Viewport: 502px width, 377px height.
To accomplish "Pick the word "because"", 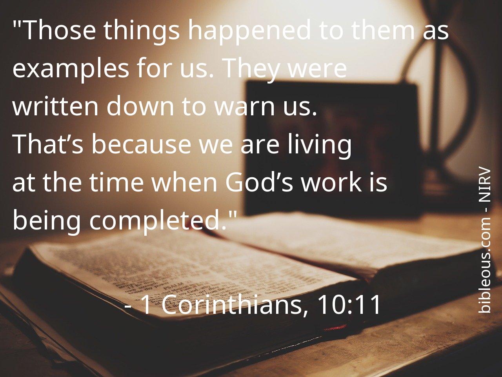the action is (x=141, y=144).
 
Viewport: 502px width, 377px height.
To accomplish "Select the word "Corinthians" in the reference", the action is (x=232, y=305).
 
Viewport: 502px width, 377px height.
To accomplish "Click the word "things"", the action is (x=142, y=32).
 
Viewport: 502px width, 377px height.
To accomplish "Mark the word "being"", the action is (x=47, y=221).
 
